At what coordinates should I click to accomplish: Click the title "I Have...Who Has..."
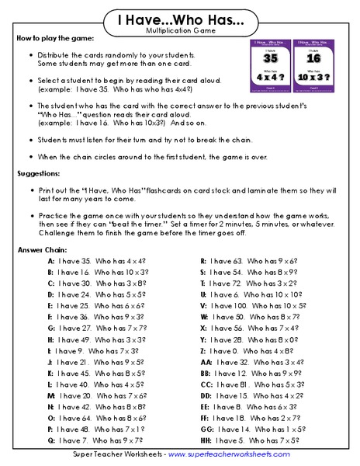coord(180,18)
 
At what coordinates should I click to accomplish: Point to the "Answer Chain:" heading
coord(42,250)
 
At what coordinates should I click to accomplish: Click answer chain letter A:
coord(50,262)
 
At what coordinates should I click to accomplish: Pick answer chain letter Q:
coord(50,440)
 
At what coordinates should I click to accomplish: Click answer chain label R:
coord(203,262)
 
